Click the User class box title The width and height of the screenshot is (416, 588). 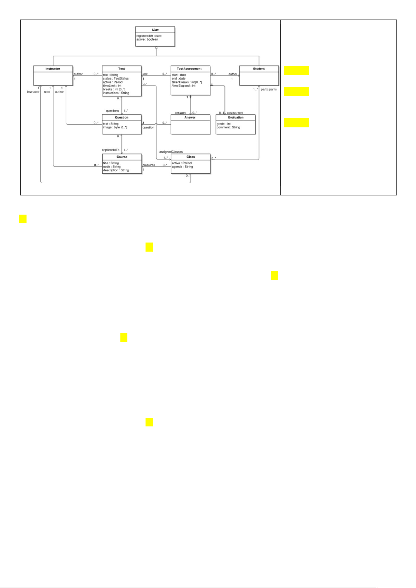pyautogui.click(x=156, y=30)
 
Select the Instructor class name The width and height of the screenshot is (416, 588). pyautogui.click(x=53, y=69)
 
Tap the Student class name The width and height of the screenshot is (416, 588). pyautogui.click(x=259, y=69)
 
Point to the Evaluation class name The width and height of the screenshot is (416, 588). pyautogui.click(x=236, y=118)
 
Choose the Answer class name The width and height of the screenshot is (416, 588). pyautogui.click(x=190, y=118)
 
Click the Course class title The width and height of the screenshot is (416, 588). pyautogui.click(x=122, y=157)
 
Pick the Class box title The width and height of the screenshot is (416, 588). pyautogui.click(x=191, y=157)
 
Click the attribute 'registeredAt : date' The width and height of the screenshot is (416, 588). pyautogui.click(x=149, y=36)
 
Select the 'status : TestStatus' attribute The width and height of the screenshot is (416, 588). pyautogui.click(x=116, y=79)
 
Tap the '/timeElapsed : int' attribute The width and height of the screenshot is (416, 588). pyautogui.click(x=184, y=86)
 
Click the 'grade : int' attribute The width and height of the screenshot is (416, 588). pyautogui.click(x=224, y=124)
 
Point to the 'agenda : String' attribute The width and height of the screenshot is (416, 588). pyautogui.click(x=183, y=167)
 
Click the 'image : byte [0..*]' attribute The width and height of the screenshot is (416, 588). pyautogui.click(x=115, y=128)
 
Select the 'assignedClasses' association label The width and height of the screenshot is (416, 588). pyautogui.click(x=171, y=152)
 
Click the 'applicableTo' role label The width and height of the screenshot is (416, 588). pyautogui.click(x=110, y=150)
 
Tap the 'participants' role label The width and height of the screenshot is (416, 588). pyautogui.click(x=269, y=89)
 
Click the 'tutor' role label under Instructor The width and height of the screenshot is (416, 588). pyautogui.click(x=47, y=92)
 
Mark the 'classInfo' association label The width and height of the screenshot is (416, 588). pyautogui.click(x=149, y=165)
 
